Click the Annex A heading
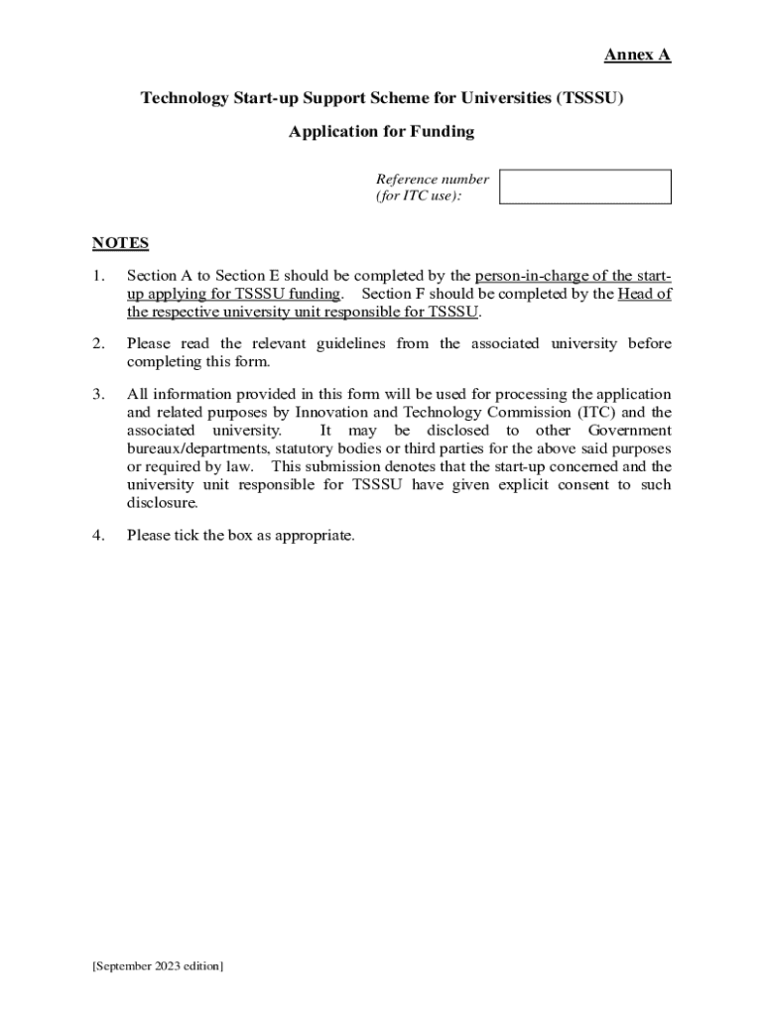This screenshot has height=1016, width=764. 637,56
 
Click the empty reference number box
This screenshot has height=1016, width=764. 584,187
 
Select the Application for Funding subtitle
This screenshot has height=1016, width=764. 381,131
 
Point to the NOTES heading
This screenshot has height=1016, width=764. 120,243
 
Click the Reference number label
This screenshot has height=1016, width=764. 432,180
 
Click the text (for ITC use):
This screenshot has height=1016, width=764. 419,196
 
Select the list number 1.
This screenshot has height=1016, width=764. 98,276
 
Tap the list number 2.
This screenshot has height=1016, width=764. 98,343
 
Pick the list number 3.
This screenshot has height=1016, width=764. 98,394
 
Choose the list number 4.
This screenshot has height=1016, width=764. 98,536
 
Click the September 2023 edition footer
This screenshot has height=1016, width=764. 158,965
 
